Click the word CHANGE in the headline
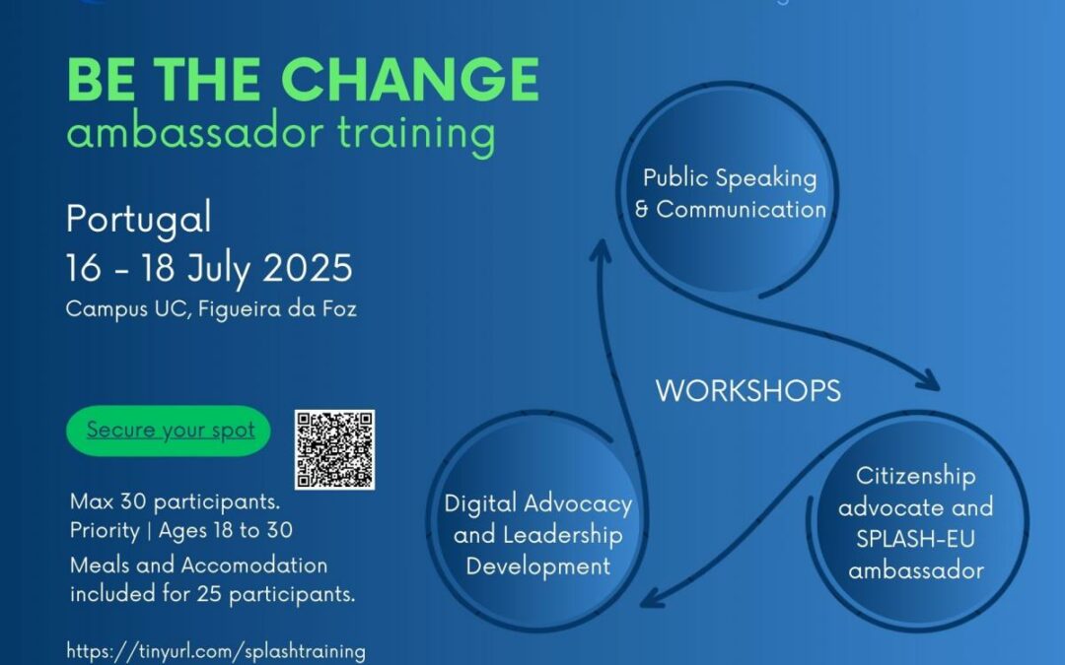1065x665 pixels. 410,79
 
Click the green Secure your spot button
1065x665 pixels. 169,431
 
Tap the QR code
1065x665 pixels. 335,449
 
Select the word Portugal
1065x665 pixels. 139,219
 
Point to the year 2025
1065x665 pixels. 308,267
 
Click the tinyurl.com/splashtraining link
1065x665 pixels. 216,651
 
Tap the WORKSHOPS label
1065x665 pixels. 748,391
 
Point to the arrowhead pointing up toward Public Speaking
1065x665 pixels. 601,249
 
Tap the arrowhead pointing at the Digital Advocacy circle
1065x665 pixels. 652,598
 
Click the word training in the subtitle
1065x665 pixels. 416,133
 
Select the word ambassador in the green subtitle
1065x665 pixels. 194,132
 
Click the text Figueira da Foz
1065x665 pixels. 278,309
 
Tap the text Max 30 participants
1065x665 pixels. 176,502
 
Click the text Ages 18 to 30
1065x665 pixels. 226,531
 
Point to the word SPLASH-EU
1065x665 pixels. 915,539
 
